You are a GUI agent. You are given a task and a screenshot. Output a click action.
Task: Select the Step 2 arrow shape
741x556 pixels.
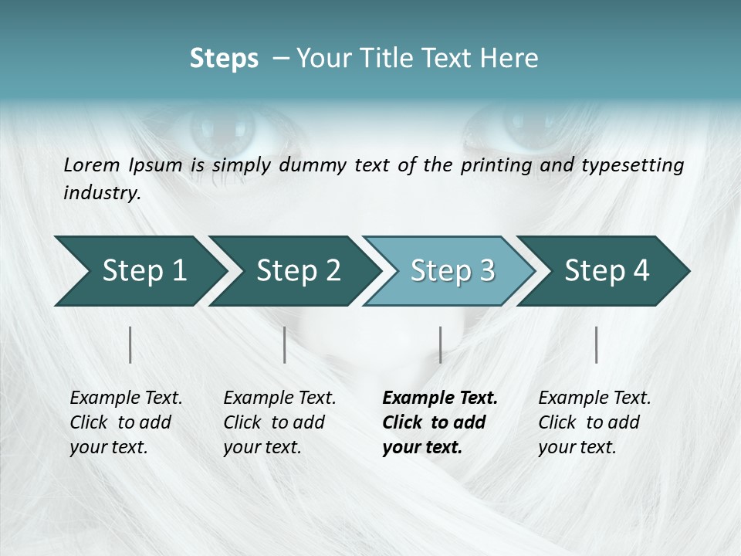297,271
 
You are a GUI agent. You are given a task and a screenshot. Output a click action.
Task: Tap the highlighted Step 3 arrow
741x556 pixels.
452,271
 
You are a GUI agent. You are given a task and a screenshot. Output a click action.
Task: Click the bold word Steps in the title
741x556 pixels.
224,59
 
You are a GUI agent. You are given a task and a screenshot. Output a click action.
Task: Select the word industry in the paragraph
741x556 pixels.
101,193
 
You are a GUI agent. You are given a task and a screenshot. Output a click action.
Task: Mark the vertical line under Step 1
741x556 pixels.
130,344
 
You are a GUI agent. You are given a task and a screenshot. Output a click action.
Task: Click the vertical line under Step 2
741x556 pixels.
285,344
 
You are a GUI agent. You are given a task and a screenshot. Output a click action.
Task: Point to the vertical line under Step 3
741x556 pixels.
440,344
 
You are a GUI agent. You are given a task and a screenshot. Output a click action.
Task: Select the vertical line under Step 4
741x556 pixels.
596,344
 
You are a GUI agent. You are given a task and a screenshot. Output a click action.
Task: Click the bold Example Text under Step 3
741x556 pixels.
440,398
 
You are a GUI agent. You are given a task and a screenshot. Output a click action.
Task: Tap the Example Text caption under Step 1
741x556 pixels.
126,398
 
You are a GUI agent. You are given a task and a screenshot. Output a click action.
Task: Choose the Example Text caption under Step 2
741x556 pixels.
279,398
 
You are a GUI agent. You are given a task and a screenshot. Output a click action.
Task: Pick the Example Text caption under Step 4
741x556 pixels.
594,398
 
